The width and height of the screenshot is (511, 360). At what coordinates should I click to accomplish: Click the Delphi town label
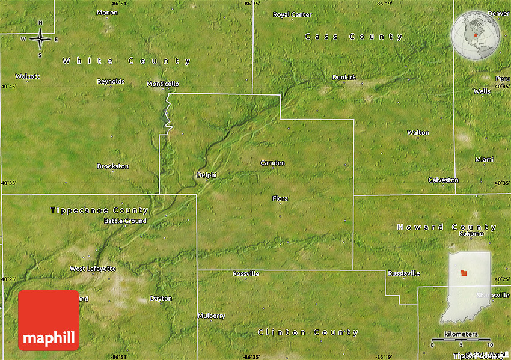pos(206,175)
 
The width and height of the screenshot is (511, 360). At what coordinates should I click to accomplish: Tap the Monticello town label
pos(162,84)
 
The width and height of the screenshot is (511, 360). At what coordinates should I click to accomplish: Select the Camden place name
pos(272,163)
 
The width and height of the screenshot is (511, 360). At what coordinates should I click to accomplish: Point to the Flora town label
pos(280,198)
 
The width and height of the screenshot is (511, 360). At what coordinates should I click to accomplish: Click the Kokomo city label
pos(471,233)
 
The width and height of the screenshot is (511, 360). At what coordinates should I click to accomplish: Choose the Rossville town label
pos(246,273)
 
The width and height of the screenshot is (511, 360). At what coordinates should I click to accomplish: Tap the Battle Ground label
pos(125,221)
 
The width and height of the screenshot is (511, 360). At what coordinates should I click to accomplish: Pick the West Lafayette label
pos(93,269)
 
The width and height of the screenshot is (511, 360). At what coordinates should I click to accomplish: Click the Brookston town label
pos(112,166)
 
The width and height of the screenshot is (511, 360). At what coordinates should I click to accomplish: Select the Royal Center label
pos(292,14)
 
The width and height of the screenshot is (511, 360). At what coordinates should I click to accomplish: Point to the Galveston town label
pos(443,180)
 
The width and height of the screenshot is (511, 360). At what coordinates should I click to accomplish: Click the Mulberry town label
pos(212,316)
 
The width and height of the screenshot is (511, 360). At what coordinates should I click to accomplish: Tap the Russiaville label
pos(403,273)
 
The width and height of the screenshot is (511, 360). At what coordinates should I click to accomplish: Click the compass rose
pos(40,40)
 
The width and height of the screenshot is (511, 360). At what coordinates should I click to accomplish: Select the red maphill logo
pos(49,320)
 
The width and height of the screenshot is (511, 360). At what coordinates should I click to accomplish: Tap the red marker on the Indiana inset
pos(464,273)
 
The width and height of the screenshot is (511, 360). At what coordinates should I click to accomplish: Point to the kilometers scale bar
pos(461,340)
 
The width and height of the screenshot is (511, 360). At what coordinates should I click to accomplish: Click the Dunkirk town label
pos(344,78)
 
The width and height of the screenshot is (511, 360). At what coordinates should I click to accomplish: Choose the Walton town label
pos(418,132)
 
